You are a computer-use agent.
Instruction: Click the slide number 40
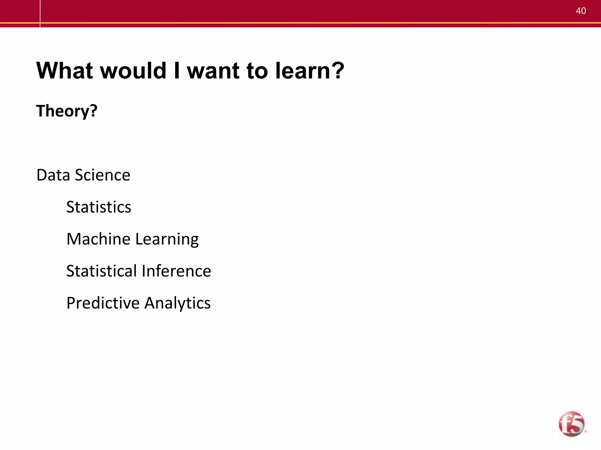coord(581,11)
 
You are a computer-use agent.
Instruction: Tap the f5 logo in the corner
coord(572,424)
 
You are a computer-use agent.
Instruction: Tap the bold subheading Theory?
coord(67,111)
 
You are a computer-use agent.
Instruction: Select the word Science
coord(102,175)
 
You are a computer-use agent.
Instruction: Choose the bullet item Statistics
coord(99,207)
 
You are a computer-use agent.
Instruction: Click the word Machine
coord(98,239)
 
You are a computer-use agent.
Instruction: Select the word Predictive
coord(103,303)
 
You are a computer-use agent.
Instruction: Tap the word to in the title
coord(257,71)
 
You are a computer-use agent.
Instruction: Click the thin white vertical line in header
coord(40,13)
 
